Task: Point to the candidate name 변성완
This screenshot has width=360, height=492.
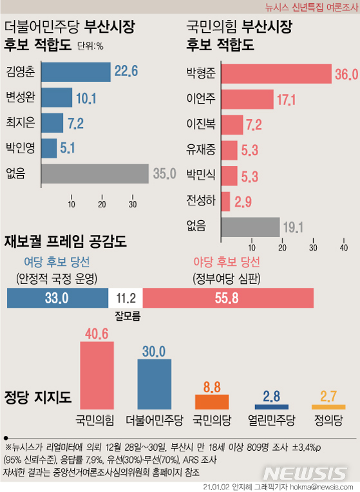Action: pos(21,97)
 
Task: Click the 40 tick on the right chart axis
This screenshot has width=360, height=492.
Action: pos(343,248)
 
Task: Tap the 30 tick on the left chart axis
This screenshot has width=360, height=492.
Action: pos(133,205)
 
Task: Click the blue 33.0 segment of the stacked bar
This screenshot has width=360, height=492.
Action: pos(57,298)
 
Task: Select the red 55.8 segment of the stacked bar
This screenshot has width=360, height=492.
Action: pos(228,298)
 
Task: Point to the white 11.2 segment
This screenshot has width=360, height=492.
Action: pos(126,298)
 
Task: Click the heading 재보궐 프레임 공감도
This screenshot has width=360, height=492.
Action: pos(65,242)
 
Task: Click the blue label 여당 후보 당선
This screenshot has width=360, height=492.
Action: pos(57,262)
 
